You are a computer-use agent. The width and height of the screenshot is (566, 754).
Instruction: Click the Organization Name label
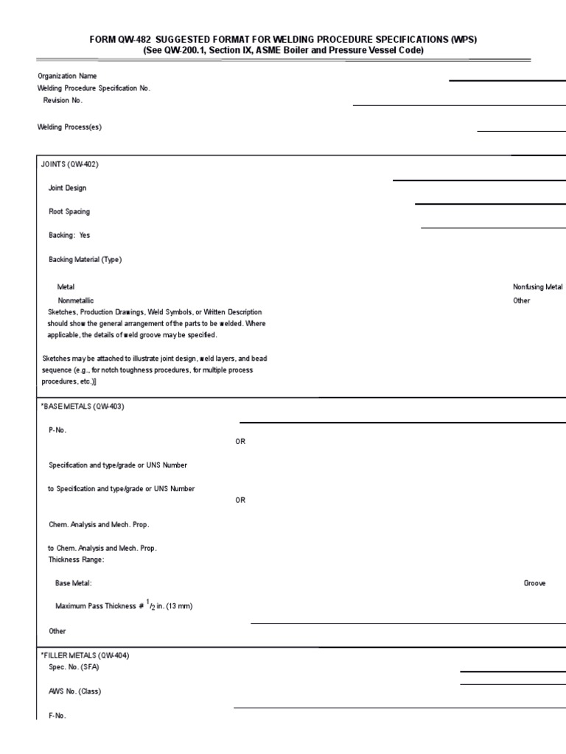tap(67, 76)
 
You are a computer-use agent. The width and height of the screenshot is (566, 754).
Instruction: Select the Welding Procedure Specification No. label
tap(94, 88)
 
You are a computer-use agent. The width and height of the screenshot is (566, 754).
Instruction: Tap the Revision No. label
tap(63, 99)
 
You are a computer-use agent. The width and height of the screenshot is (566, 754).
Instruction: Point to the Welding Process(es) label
tap(69, 127)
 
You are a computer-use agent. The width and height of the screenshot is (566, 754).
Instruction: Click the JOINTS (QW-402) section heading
tap(69, 164)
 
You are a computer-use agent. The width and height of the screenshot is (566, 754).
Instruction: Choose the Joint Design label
tap(67, 188)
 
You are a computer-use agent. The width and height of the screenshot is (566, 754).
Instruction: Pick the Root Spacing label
tap(69, 211)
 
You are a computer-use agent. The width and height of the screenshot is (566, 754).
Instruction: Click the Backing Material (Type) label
tap(85, 259)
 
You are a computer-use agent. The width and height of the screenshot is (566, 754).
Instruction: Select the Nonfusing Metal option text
tap(537, 286)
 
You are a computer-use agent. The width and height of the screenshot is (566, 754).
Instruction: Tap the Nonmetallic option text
tap(76, 300)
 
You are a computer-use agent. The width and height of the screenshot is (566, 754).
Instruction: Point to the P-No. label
tap(57, 430)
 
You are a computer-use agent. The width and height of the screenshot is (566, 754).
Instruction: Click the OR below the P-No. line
tap(240, 441)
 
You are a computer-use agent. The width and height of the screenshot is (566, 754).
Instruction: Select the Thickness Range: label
tap(76, 559)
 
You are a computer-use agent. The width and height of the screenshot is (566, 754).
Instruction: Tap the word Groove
tap(534, 582)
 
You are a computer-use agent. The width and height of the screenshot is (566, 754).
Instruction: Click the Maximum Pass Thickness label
tap(124, 606)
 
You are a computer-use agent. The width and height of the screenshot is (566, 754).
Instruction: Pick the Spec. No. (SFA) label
tap(74, 667)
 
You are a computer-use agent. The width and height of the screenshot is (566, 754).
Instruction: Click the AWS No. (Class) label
tap(74, 691)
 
